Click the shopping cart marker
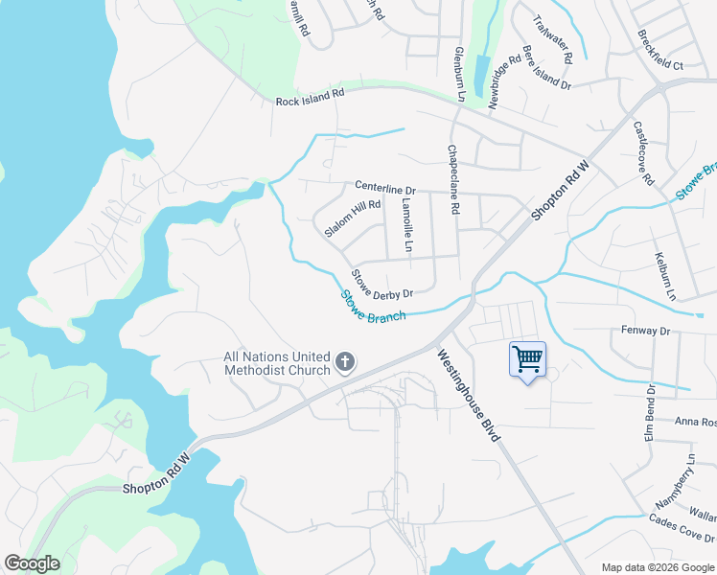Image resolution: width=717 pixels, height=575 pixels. [x=527, y=360]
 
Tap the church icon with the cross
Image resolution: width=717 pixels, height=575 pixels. [x=345, y=362]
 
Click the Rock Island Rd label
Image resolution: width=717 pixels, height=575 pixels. [x=310, y=98]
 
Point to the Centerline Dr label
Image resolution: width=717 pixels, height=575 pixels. [x=384, y=189]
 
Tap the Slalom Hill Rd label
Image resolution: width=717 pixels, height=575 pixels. [x=353, y=218]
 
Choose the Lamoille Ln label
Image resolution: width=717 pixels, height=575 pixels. [x=407, y=233]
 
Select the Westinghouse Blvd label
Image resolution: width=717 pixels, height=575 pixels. [x=469, y=395]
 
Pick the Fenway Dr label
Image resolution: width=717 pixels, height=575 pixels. [x=644, y=331]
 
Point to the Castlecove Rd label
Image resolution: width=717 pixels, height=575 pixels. [x=643, y=153]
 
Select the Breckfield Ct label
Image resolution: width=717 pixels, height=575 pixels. [x=659, y=51]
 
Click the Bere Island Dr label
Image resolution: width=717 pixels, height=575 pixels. [x=546, y=68]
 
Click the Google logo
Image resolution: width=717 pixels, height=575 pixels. [x=32, y=563]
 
